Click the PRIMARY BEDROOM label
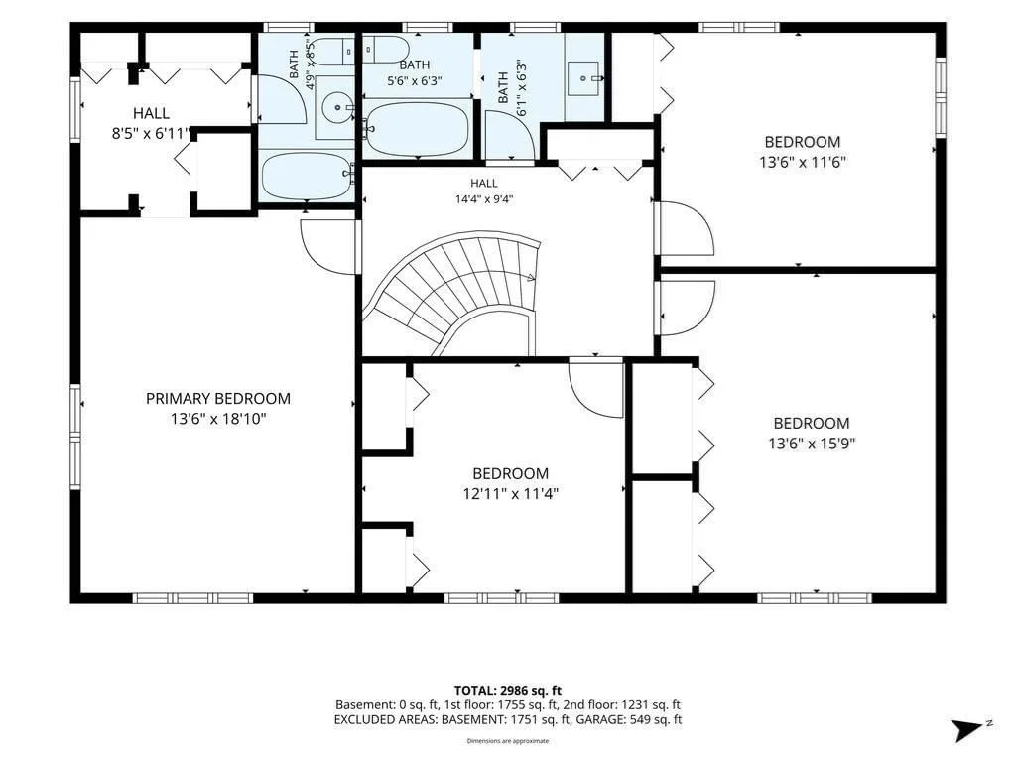coord(217,399)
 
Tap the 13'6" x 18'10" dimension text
coord(218,419)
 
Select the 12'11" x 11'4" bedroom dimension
coord(511,494)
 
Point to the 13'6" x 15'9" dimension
coord(812,444)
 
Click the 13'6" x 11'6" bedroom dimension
coord(802,162)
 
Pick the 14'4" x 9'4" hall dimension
coord(484,199)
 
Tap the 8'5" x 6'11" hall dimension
coord(151,134)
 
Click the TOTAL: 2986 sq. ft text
coord(507,691)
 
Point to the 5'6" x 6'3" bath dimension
coord(414,81)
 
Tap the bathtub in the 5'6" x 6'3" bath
coord(418,129)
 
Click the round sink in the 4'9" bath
coord(337,107)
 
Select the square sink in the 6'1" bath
coord(585,78)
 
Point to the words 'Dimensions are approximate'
coord(508,740)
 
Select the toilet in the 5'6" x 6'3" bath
coord(385,50)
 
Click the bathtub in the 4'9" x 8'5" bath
coord(308,176)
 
